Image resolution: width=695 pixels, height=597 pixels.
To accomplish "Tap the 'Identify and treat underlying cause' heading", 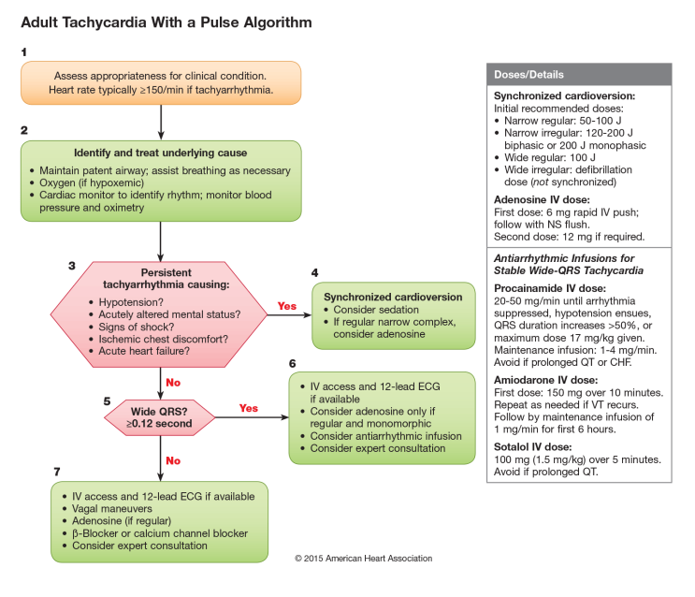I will [x=161, y=153].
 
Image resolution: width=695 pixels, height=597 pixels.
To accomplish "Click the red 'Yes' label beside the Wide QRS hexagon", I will [x=249, y=408].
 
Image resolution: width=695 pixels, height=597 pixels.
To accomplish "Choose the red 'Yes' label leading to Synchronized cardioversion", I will [x=287, y=306].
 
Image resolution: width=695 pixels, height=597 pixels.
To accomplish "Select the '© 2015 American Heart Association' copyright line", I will [x=363, y=559].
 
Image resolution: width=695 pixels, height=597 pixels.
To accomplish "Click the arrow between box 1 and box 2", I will [x=161, y=121].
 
